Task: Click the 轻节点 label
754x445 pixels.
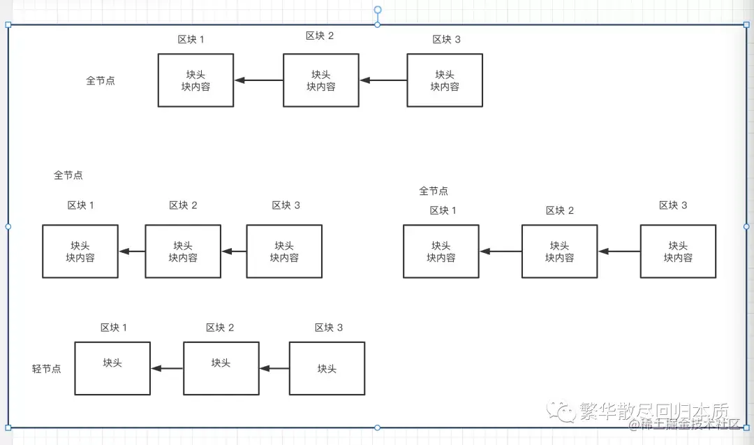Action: [x=47, y=369]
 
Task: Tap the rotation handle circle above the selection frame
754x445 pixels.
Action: [x=378, y=10]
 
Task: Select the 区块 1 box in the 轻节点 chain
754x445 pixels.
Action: [x=112, y=368]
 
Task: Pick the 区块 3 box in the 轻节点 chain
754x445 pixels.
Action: [x=327, y=368]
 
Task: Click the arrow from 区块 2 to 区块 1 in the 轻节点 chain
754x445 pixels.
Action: [x=167, y=369]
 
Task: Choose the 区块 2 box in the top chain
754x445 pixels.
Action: [x=321, y=80]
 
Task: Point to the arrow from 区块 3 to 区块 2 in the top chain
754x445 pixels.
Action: [x=383, y=80]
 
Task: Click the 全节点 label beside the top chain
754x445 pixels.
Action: [x=101, y=80]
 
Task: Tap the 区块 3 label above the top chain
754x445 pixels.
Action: [x=447, y=39]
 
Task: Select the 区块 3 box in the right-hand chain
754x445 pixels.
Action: [x=678, y=251]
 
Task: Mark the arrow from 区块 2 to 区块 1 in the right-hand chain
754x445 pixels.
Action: [x=501, y=251]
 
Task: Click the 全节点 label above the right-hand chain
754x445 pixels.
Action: [x=434, y=191]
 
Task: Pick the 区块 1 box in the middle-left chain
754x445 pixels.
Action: [x=80, y=251]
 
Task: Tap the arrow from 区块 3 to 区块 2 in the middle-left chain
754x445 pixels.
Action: [x=234, y=251]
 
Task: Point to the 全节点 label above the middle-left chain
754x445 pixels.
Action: [x=68, y=175]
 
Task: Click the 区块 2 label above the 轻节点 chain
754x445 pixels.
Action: [x=220, y=328]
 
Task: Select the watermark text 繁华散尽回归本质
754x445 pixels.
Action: [x=653, y=411]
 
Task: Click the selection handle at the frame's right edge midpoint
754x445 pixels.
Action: [x=746, y=226]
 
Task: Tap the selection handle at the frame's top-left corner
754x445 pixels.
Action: [x=8, y=25]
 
